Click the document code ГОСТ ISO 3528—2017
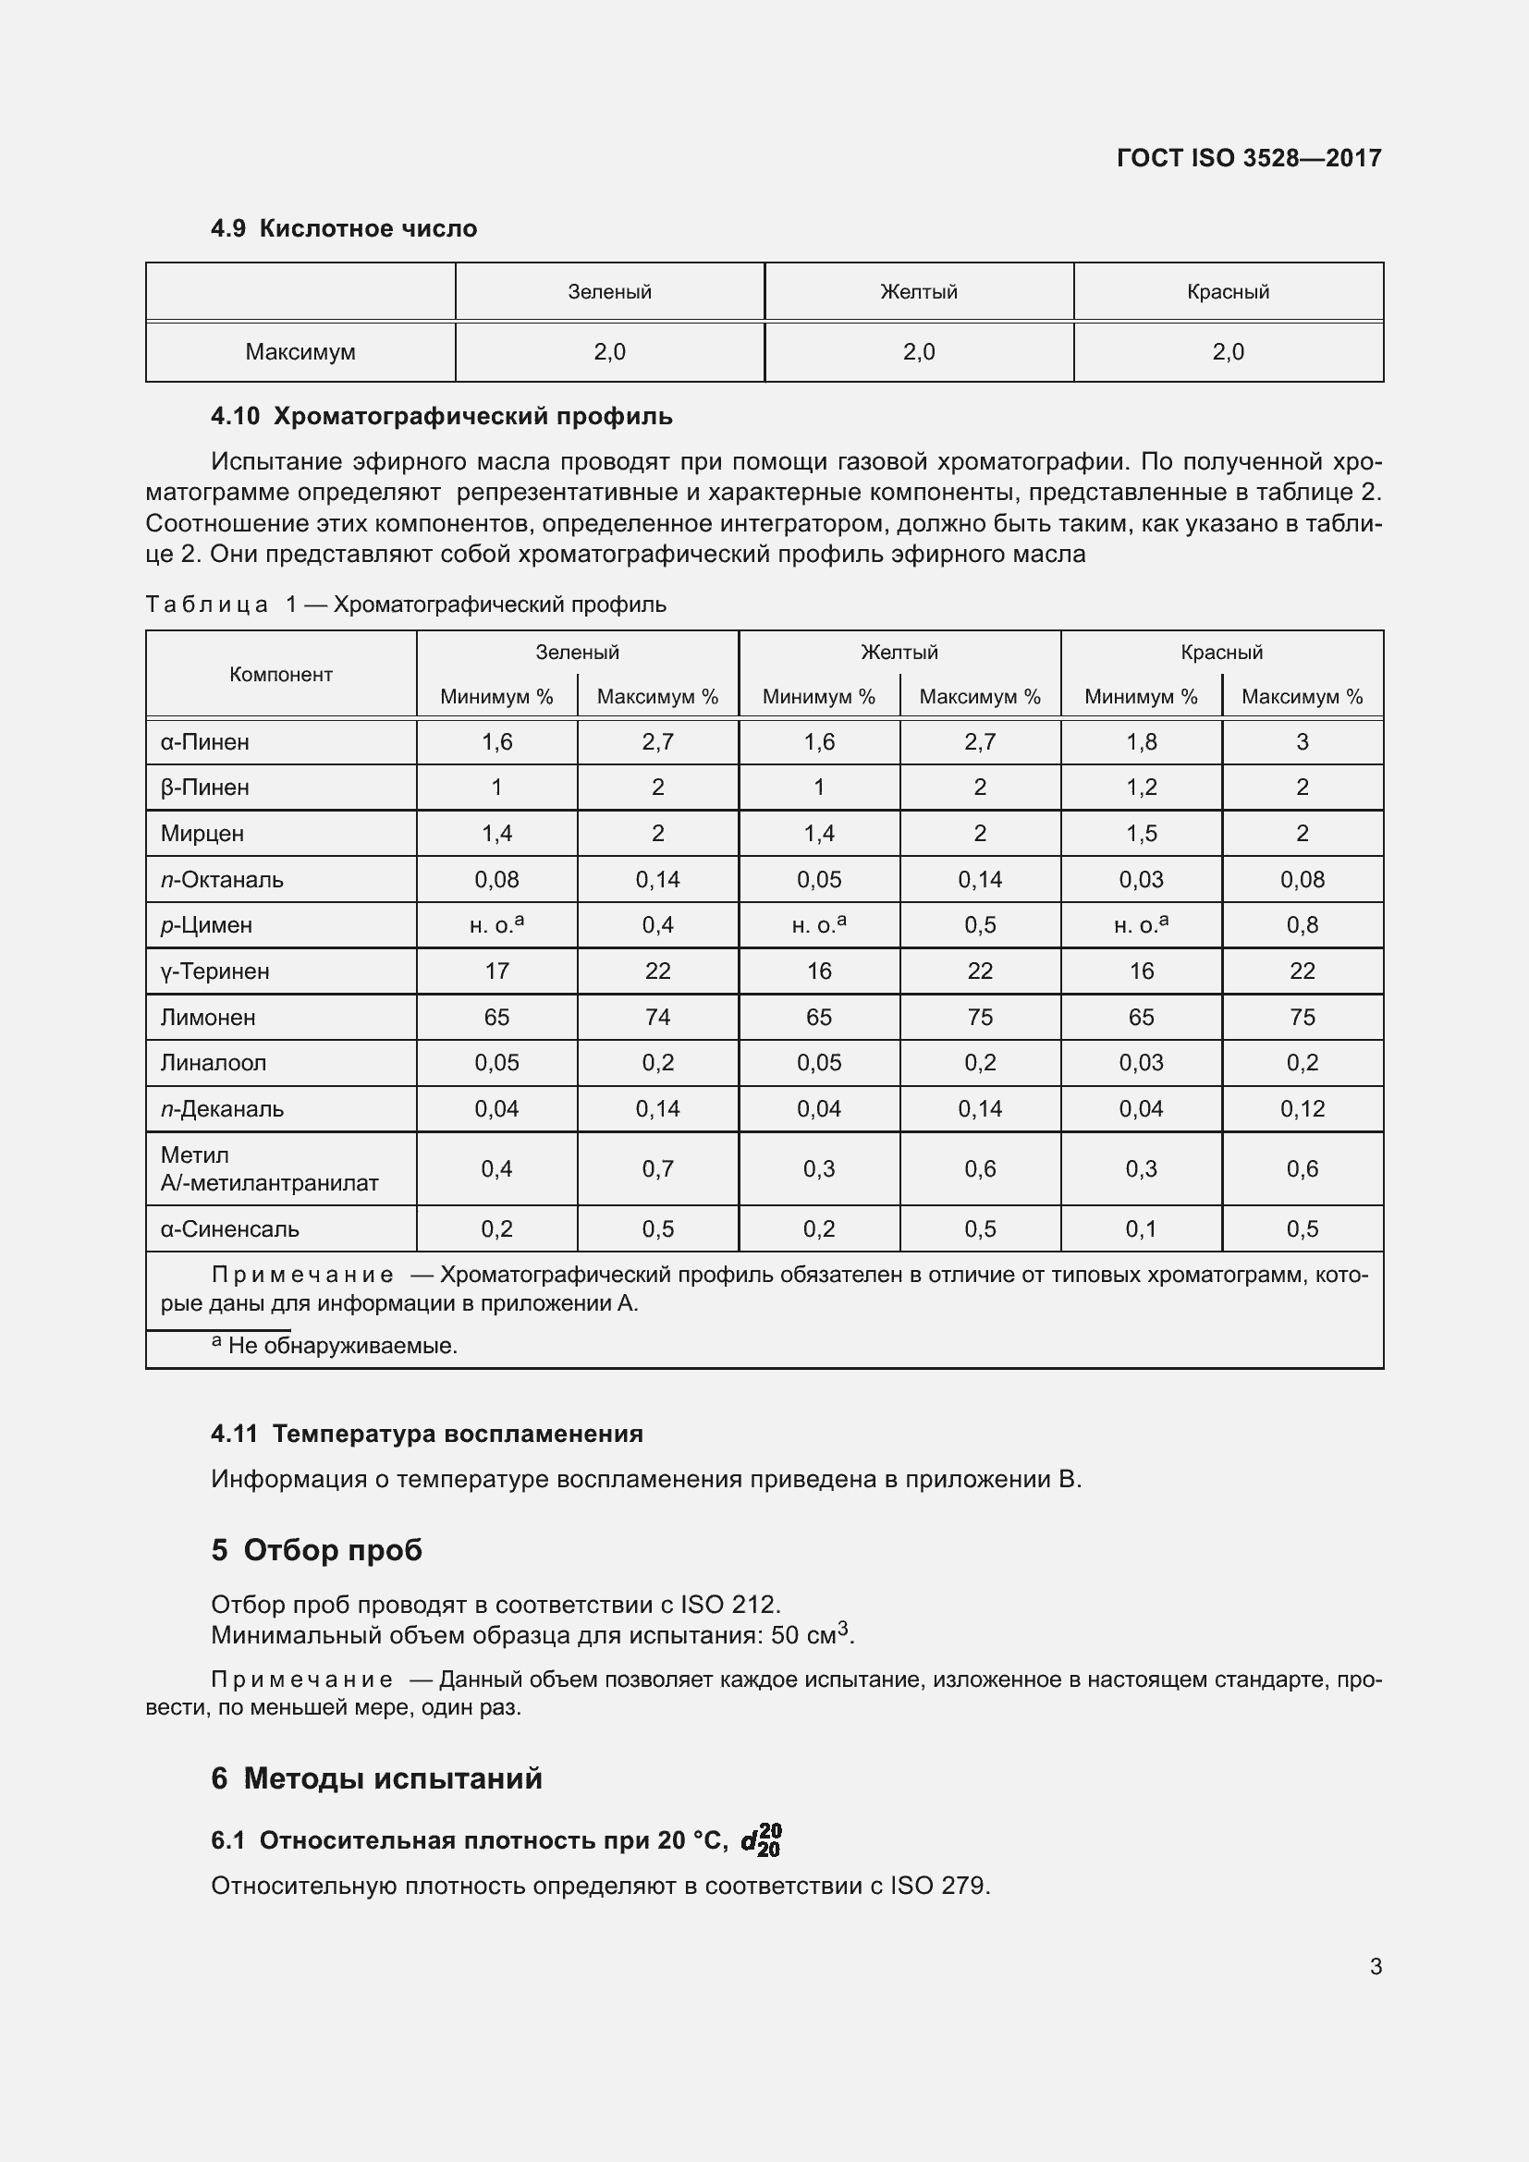[1248, 158]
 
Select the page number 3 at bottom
[1376, 1966]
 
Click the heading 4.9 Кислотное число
[344, 229]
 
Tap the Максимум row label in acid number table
[300, 352]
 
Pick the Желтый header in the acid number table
[919, 292]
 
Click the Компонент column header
[281, 674]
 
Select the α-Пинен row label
[205, 742]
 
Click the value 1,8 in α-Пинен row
[1141, 742]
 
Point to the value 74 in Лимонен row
[657, 1017]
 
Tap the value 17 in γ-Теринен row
[496, 971]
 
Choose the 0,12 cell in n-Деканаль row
[1303, 1109]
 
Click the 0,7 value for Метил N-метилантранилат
[657, 1168]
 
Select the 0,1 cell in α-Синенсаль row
[1141, 1228]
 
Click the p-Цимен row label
[206, 925]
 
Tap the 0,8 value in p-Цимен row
[1303, 925]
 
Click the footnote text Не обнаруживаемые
[342, 1346]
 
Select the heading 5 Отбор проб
[316, 1550]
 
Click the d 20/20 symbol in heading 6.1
[761, 1840]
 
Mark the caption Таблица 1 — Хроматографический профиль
[406, 605]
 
